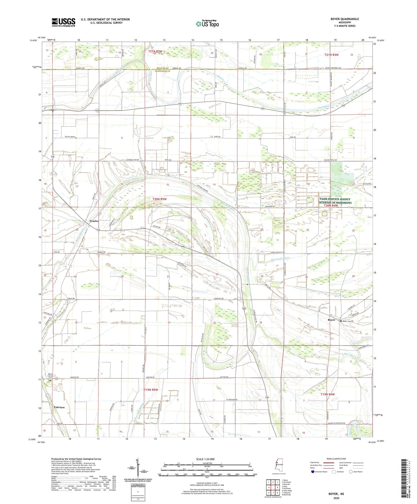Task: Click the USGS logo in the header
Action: click(63, 22)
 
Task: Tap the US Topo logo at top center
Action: click(207, 24)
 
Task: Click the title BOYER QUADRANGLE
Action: click(345, 19)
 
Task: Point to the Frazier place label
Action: click(94, 221)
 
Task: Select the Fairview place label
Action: click(59, 407)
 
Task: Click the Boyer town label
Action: click(331, 320)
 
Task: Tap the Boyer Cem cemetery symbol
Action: click(341, 321)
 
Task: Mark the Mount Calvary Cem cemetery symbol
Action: click(50, 381)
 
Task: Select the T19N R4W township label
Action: click(328, 394)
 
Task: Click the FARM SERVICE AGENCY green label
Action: click(335, 199)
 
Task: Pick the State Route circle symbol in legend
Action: click(351, 472)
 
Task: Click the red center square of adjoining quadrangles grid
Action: click(273, 488)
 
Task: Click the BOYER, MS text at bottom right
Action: click(336, 494)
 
